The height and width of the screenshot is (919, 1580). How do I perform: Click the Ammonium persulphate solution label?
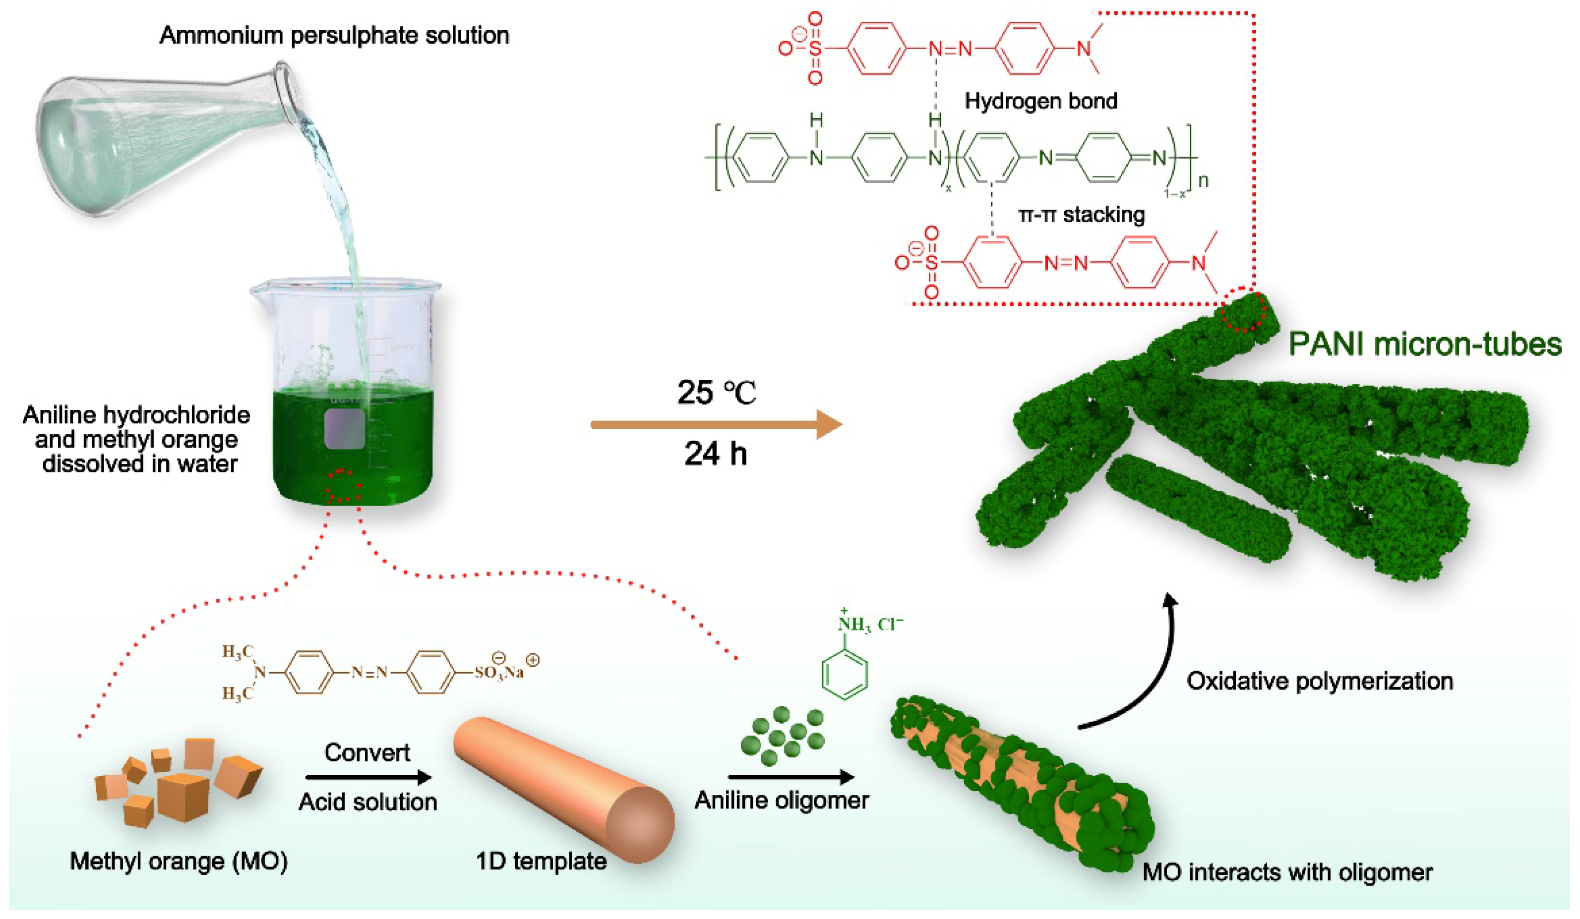click(x=334, y=35)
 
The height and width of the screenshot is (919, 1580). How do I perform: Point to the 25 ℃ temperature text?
click(x=716, y=393)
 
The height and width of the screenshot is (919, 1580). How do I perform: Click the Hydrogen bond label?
click(x=1041, y=101)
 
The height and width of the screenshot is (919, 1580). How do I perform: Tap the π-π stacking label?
click(x=1082, y=215)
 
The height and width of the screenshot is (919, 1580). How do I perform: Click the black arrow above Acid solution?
click(x=368, y=778)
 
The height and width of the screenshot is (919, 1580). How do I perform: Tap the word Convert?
click(x=367, y=752)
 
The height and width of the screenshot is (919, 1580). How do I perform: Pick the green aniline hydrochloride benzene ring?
click(x=845, y=674)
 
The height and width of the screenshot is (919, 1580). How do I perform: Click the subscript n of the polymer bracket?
click(x=1203, y=181)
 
